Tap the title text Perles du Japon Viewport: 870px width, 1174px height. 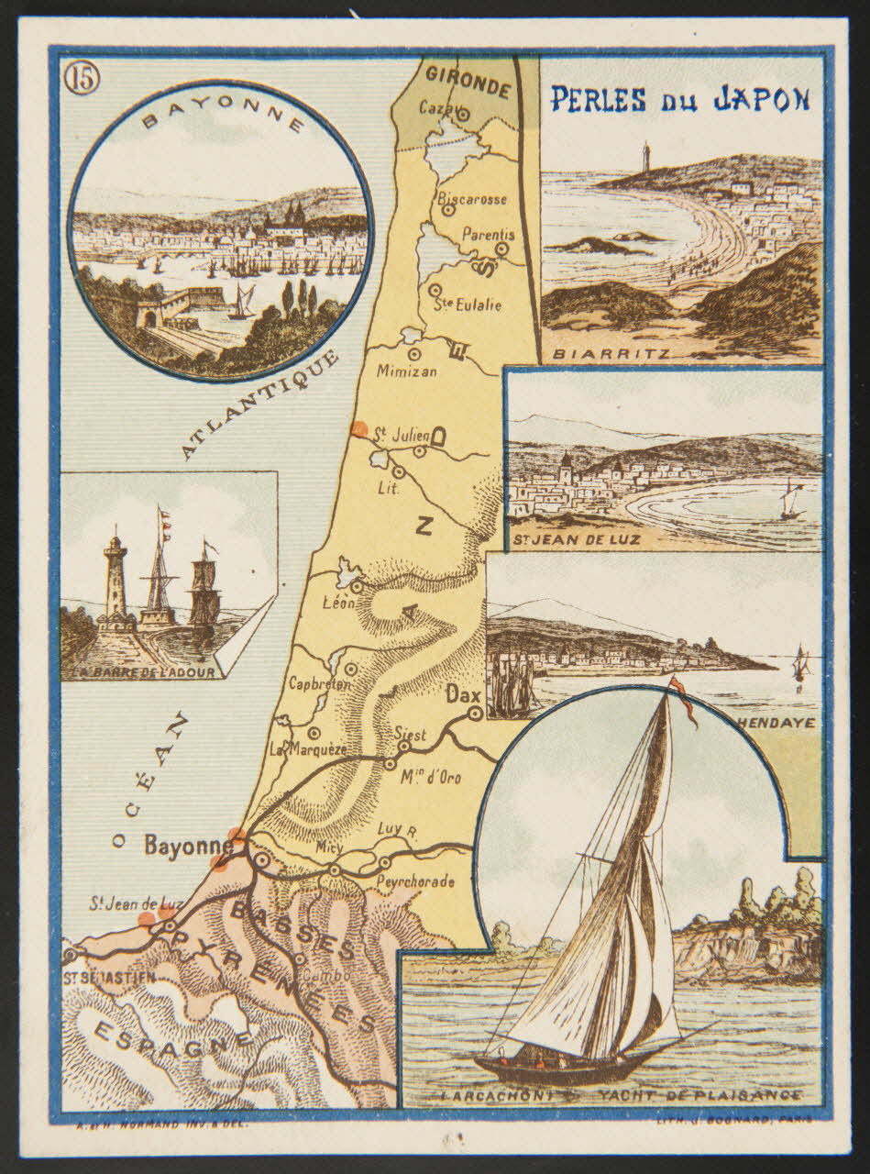point(678,98)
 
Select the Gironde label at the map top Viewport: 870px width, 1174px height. point(468,83)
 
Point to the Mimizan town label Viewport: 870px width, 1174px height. point(407,371)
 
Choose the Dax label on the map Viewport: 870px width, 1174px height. point(463,698)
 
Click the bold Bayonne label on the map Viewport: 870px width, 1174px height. point(187,846)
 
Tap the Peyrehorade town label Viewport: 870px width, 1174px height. point(414,882)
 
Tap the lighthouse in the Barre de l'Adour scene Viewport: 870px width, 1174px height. point(116,583)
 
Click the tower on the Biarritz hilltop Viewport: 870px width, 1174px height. point(646,154)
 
